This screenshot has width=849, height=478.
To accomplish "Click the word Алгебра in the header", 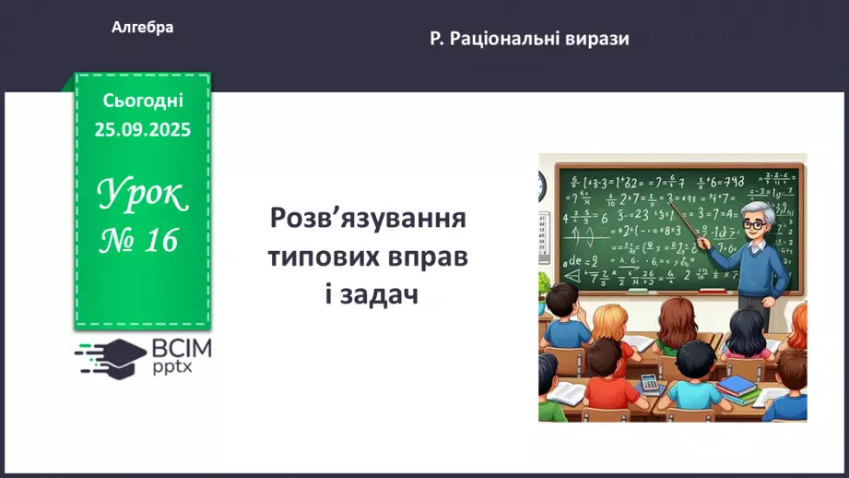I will pos(142,28).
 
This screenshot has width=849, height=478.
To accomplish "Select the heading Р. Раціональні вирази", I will pos(529,39).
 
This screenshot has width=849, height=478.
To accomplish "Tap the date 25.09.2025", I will pos(142,129).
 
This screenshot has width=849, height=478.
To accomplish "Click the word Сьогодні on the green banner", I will pos(142,100).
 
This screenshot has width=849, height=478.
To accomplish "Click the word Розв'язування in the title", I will pos(368,220).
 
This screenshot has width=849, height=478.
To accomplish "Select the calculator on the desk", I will pos(649,381).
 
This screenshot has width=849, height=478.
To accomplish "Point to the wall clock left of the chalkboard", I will pos(542,186).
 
